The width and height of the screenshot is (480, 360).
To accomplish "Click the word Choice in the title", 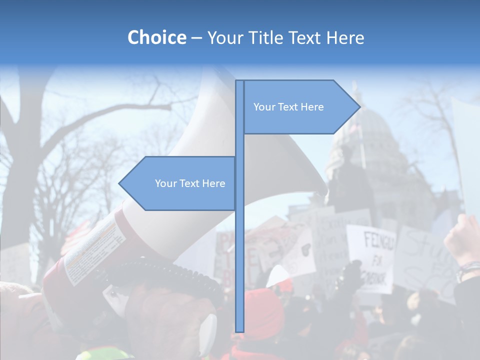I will [156, 37].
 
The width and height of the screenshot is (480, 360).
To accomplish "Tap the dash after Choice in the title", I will [196, 38].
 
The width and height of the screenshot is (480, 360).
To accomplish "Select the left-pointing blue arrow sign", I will [180, 183].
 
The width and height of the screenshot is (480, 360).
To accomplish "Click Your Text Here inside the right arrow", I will [288, 107].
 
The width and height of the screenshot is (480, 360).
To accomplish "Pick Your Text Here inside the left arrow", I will [190, 183].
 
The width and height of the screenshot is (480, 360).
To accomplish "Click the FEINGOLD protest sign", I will [371, 257].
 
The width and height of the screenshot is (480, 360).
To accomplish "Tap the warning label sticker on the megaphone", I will [95, 252].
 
